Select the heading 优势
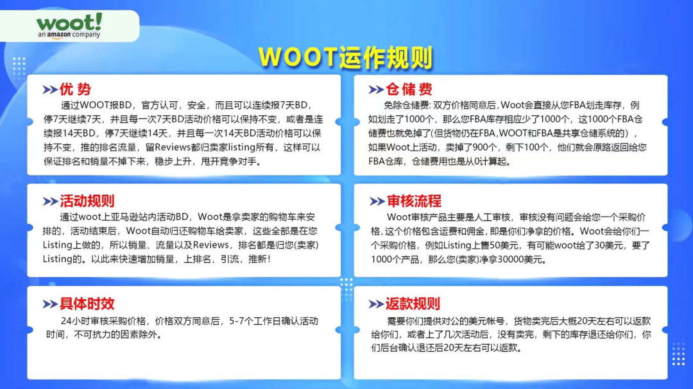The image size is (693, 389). click(75, 90)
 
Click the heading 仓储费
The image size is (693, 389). click(409, 89)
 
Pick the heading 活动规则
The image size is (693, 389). click(87, 201)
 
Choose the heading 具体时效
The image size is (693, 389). click(87, 304)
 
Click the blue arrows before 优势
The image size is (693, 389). click(50, 90)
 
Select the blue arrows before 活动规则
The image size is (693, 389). click(50, 202)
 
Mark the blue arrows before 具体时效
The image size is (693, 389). click(50, 304)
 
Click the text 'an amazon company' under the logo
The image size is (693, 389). click(69, 35)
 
